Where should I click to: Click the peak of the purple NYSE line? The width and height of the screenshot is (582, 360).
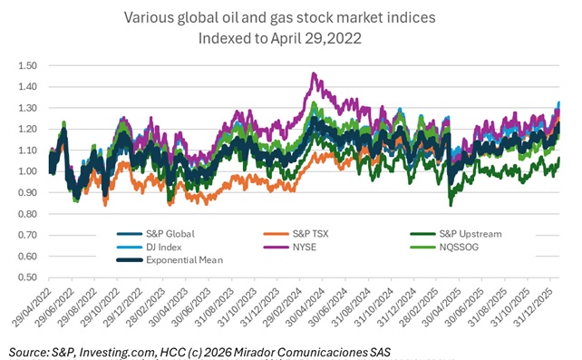315,74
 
